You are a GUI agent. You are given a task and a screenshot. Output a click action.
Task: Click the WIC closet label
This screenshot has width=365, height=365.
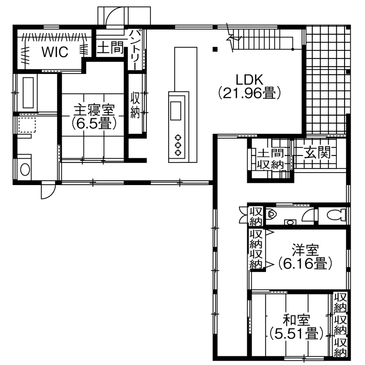point(55,52)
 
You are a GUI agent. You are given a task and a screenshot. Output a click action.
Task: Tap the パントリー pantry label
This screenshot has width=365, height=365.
point(135,49)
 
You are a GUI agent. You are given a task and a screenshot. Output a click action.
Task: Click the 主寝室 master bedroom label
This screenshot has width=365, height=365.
point(93,109)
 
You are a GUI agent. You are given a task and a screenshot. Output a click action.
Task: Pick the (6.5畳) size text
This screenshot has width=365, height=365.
point(93,123)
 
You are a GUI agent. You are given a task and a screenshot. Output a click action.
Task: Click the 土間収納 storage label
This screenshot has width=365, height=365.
point(270,159)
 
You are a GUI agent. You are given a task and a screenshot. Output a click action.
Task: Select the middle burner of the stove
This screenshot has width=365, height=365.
point(178,145)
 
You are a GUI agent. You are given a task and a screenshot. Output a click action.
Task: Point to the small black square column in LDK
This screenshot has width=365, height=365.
point(215,49)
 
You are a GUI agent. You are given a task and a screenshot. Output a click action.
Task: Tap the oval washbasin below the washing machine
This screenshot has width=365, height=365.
point(25,169)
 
